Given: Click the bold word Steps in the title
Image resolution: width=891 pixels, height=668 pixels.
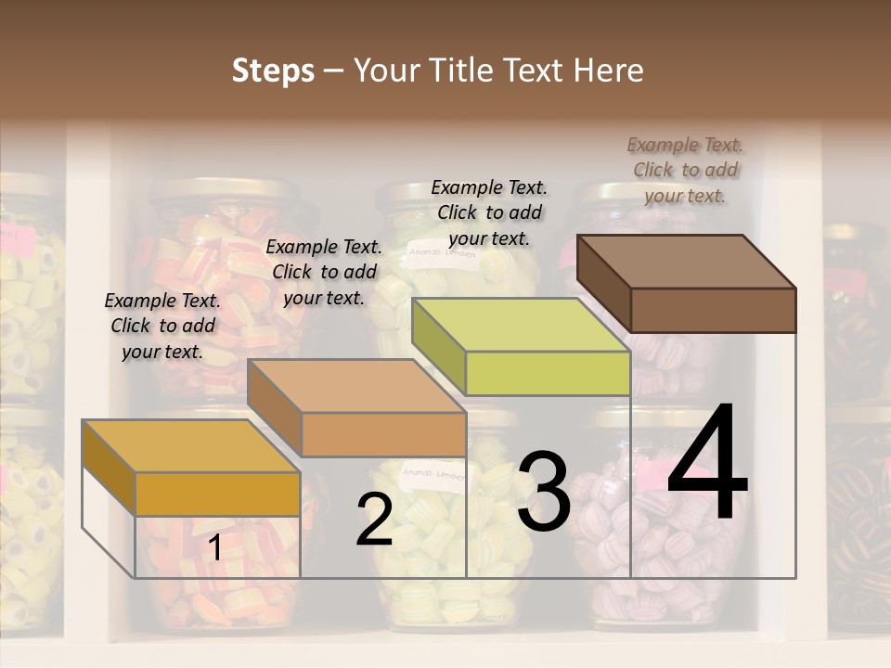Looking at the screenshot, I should pos(273,71).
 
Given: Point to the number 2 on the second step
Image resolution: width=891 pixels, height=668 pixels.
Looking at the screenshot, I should pos(375,520).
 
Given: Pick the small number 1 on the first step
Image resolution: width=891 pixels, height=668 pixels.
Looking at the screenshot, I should pos(214,548).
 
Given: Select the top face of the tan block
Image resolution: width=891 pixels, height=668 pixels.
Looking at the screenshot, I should pos(356,386).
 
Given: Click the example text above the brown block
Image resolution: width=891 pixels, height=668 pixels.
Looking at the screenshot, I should pos(685,170).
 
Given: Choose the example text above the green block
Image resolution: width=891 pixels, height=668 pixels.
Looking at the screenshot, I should pos(489,212).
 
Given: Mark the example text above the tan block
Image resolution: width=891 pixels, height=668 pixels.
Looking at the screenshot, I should pos(324,272).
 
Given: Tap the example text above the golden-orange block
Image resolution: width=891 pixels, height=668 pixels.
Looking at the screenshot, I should pos(162,326).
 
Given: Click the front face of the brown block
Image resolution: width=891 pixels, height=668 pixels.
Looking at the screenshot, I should pos(713,310).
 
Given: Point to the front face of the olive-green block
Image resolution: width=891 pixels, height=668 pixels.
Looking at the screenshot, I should pos(548,373).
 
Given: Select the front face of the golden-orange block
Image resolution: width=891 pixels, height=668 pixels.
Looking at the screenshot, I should pos(217,494).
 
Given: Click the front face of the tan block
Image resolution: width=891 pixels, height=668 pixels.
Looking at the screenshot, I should pos(383,434).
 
